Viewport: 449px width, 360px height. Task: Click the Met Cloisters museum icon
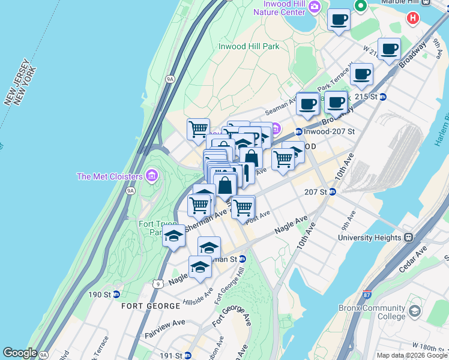point(152,176)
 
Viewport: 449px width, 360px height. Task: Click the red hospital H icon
point(412,19)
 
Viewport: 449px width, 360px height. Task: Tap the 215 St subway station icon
point(382,97)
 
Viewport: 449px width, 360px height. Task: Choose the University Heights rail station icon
point(408,237)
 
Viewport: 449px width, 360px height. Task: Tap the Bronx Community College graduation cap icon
point(415,311)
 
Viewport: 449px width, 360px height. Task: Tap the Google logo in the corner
point(20,353)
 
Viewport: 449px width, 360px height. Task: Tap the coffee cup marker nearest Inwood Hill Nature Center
point(339,20)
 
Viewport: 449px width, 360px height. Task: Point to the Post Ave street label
point(259,215)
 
